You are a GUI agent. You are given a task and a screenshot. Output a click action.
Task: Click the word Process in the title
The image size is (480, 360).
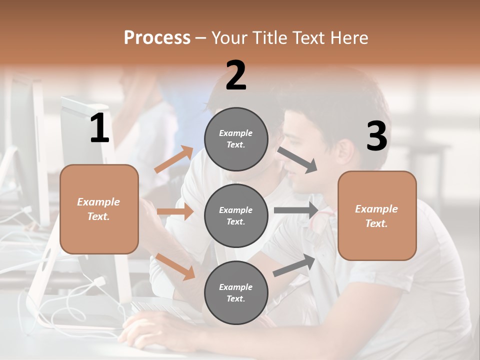pyautogui.click(x=157, y=37)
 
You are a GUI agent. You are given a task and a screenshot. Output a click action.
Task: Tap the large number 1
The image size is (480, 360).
pyautogui.click(x=99, y=128)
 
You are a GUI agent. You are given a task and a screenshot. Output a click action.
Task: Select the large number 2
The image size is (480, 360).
pyautogui.click(x=236, y=75)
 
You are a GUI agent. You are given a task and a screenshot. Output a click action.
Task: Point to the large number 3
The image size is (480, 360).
pyautogui.click(x=376, y=136)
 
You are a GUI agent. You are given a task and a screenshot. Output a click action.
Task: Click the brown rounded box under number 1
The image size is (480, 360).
pyautogui.click(x=99, y=209)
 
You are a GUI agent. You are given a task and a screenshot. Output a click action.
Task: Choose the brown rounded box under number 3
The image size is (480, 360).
pyautogui.click(x=377, y=215)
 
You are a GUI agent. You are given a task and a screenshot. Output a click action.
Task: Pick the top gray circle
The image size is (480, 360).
pyautogui.click(x=236, y=139)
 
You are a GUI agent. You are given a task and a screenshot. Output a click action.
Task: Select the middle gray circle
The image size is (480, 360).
pyautogui.click(x=236, y=215)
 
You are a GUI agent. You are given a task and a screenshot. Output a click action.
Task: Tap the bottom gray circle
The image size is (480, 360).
pyautogui.click(x=236, y=292)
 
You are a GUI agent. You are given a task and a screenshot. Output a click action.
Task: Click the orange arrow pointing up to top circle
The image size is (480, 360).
pyautogui.click(x=174, y=159)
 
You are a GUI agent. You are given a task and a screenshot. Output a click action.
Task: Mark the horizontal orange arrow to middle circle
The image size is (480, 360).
pyautogui.click(x=175, y=211)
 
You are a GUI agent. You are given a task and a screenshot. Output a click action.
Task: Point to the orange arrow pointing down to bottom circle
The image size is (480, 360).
pyautogui.click(x=175, y=266)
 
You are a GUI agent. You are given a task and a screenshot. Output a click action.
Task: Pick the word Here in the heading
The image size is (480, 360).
pyautogui.click(x=349, y=37)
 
